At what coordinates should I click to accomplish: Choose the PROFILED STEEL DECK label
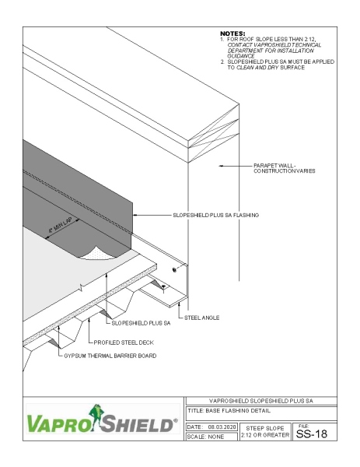(125, 342)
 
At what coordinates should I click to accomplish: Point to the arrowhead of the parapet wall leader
(221, 166)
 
